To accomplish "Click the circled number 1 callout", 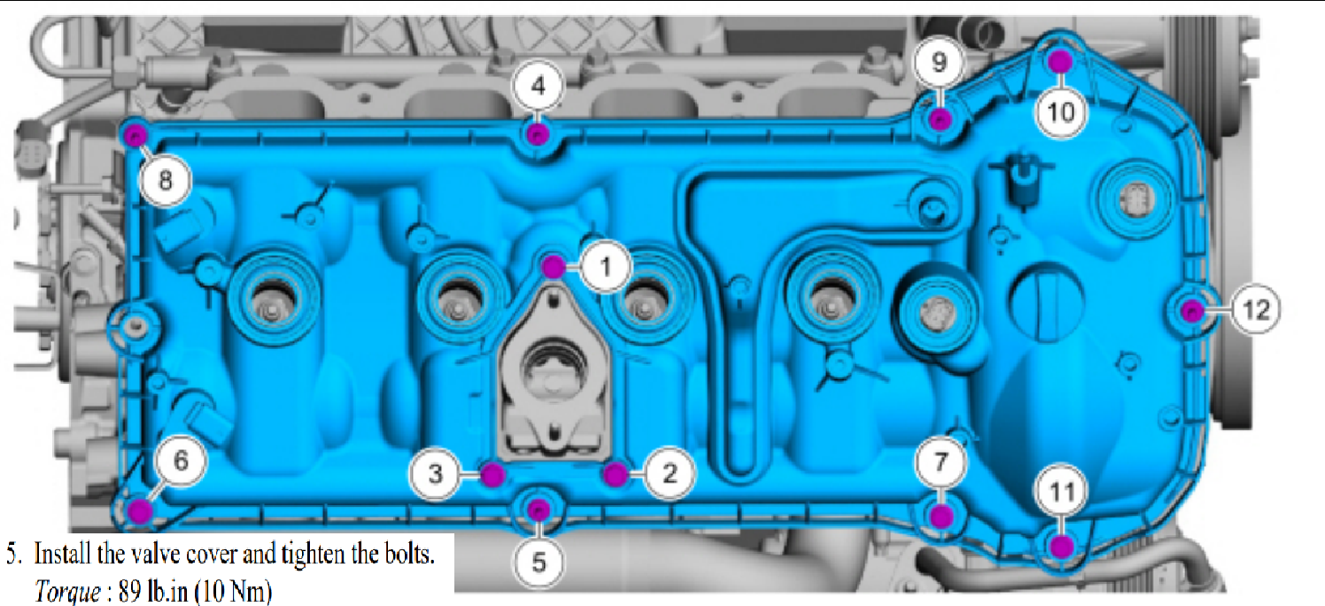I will [x=605, y=264].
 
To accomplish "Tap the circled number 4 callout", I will [x=539, y=86].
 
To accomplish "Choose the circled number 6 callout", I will [x=180, y=461].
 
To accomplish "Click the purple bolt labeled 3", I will [x=492, y=474].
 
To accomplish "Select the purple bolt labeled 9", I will [x=941, y=119].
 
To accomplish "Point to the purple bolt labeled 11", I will [x=1062, y=546].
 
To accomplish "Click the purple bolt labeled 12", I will [x=1192, y=310].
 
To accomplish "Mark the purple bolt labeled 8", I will [x=135, y=136].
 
